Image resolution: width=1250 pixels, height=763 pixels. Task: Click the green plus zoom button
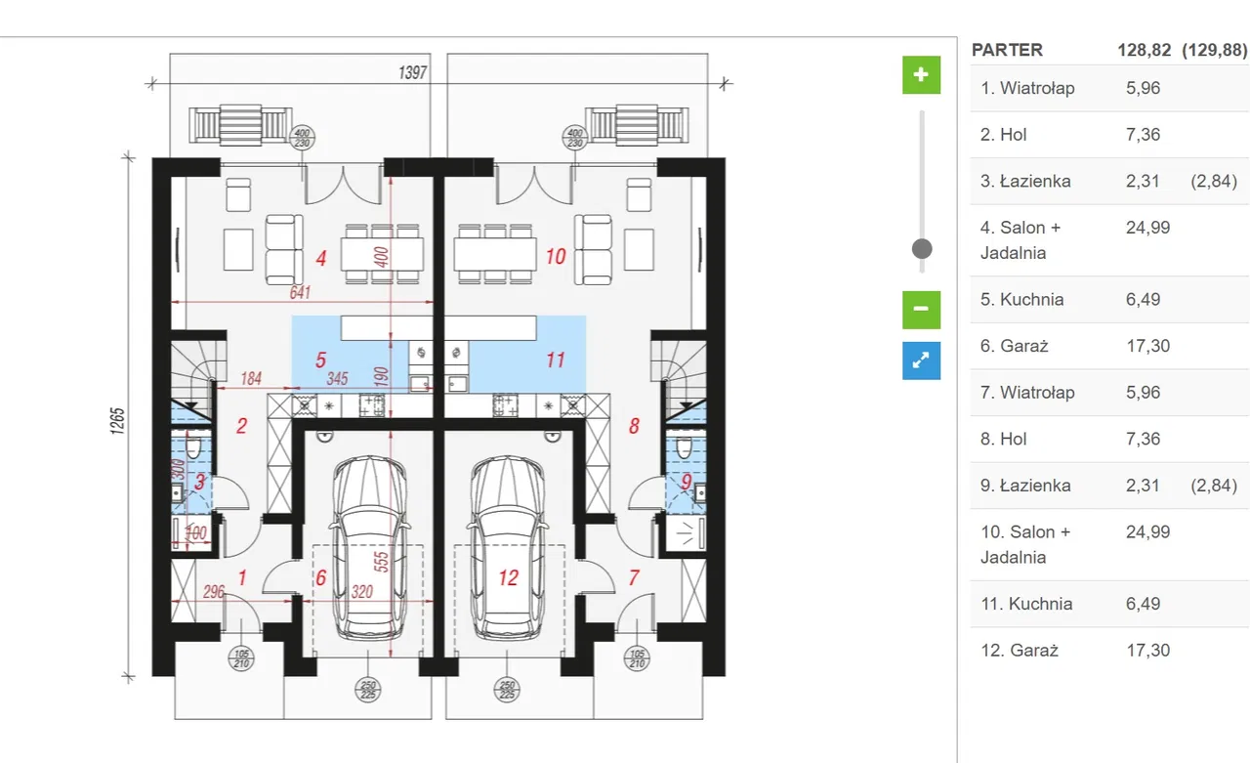921,75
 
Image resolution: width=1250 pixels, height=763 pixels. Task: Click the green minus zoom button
921,310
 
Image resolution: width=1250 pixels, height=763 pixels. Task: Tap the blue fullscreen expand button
921,360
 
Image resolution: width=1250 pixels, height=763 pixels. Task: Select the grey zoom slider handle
922,249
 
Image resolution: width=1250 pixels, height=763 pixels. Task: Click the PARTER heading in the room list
1007,50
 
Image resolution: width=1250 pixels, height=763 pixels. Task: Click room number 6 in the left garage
321,577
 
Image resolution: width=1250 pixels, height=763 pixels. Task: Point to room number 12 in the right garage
509,577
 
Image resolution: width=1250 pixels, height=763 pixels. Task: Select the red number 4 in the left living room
321,259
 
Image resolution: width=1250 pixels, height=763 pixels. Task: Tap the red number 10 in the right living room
556,257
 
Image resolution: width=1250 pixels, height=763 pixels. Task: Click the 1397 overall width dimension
412,72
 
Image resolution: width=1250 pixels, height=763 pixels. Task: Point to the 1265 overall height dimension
117,421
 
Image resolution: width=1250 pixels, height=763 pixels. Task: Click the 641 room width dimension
300,292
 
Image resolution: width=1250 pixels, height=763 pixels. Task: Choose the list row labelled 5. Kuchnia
1109,300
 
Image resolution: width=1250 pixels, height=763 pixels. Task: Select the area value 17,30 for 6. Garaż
1147,346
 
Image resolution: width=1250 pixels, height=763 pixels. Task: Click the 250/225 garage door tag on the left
368,690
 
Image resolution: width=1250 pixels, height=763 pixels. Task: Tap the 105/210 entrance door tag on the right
637,658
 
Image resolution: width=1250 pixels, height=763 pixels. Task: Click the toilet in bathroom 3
193,447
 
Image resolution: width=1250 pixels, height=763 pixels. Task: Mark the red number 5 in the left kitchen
320,360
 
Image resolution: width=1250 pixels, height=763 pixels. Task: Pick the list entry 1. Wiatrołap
1109,88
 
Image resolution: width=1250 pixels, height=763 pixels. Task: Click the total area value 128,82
1144,50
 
